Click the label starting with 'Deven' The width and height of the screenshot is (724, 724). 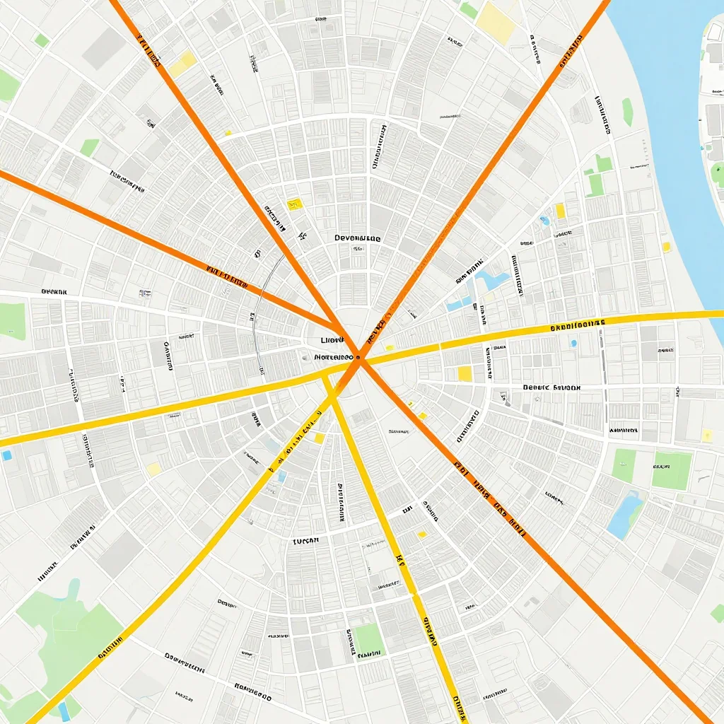click(358, 239)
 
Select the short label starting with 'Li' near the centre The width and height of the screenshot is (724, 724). click(331, 340)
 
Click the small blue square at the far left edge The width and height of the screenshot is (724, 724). click(6, 455)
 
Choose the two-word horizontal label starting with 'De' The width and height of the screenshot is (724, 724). click(551, 387)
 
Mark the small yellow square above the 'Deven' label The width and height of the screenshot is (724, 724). click(294, 204)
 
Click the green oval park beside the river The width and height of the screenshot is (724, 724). click(627, 112)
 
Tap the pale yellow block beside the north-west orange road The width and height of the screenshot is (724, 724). click(182, 64)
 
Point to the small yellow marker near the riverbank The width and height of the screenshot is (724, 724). click(666, 247)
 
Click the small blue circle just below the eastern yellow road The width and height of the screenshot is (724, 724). click(573, 344)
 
